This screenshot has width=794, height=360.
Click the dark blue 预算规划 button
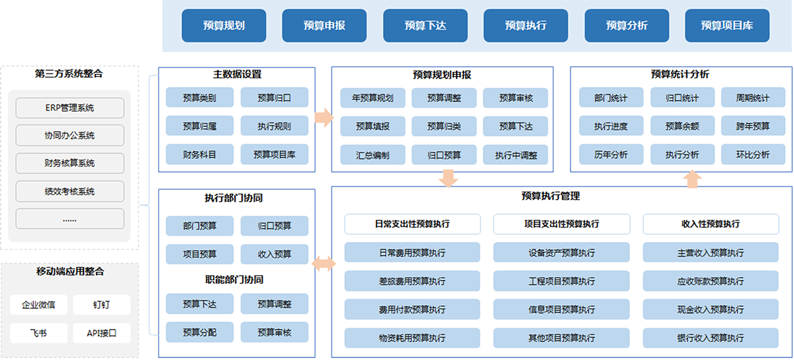224,26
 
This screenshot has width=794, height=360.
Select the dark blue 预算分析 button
627,26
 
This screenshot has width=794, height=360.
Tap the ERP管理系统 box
70,108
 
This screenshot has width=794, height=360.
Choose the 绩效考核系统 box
70,191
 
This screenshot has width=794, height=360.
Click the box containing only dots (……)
70,219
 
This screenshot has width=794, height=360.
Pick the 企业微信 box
38,304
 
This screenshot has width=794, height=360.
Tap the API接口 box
102,333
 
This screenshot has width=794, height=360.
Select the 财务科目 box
200,154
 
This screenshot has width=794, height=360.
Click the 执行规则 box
275,126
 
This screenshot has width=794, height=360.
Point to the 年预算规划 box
373,98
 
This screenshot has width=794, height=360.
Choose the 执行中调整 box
515,155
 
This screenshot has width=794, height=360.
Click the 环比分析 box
753,154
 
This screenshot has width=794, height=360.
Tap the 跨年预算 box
753,126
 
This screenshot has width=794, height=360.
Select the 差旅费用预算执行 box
412,281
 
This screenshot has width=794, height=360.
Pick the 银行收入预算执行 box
711,337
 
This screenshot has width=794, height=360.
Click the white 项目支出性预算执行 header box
562,224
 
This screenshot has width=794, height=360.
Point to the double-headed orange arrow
324,263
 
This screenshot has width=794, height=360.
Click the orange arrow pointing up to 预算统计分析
692,179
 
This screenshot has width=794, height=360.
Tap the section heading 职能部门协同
234,279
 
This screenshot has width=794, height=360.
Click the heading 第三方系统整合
69,73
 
